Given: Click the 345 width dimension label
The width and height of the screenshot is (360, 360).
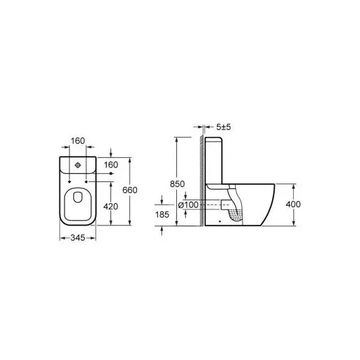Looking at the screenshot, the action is click(78, 238).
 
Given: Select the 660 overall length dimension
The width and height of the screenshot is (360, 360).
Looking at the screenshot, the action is click(129, 190).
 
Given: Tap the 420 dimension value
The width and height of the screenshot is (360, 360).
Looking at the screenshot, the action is click(111, 207).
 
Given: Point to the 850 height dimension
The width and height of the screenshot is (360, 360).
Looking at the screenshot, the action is click(177, 184).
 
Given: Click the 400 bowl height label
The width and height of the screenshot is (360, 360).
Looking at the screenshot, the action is click(293, 204).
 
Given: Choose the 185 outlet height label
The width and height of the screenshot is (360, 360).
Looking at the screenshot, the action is click(162, 215).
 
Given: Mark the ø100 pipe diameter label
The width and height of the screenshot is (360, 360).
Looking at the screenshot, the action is click(188, 205).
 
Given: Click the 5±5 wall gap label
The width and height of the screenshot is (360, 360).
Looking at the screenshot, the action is click(224, 126).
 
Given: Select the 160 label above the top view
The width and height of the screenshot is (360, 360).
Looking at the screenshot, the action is click(78, 141).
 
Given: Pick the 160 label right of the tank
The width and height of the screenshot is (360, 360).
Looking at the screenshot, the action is click(111, 165).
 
